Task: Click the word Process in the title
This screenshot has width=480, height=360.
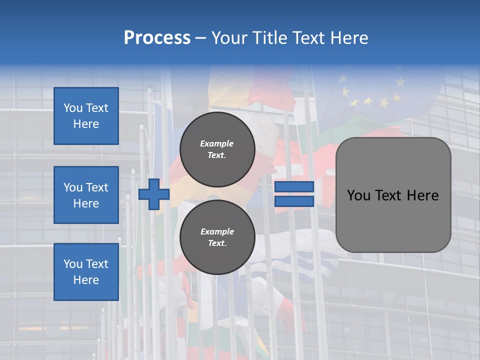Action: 157,38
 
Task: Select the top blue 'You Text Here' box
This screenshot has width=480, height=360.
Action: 86,116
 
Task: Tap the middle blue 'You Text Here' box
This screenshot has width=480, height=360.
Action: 86,195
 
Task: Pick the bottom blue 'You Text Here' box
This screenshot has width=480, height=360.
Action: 86,271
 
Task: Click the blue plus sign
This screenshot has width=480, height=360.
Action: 154,194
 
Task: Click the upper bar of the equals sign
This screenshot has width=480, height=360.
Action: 294,187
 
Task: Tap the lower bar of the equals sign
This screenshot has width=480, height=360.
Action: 294,201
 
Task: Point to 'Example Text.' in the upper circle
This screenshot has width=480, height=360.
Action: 217,149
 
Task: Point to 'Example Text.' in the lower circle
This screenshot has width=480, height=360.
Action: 217,237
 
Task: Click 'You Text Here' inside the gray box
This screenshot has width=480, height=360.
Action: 393,195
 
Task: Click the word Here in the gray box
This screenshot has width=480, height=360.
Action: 422,195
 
